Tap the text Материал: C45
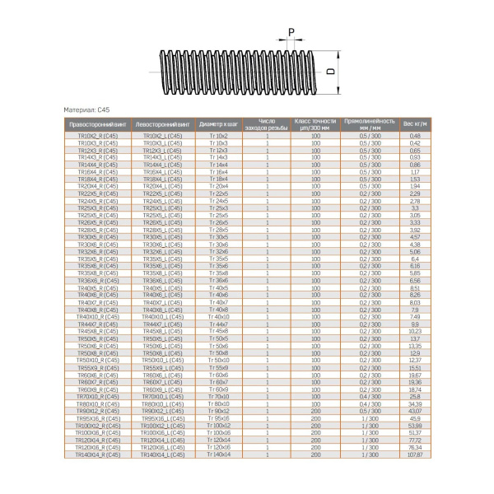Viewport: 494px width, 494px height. click(86, 109)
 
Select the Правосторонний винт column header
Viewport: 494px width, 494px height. click(97, 123)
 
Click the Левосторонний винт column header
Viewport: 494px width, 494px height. click(164, 123)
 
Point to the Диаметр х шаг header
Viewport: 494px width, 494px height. click(218, 123)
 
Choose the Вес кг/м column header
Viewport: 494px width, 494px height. click(415, 123)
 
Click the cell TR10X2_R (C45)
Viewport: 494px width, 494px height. click(97, 135)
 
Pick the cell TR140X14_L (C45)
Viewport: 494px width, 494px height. click(164, 454)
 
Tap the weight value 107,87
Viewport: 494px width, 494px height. click(415, 454)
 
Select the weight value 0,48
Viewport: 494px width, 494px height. click(415, 135)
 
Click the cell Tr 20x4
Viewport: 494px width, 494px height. click(218, 186)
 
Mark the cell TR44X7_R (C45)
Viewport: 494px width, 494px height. click(97, 324)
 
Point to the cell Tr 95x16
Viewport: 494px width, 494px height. click(218, 418)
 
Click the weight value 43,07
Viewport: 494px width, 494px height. click(415, 411)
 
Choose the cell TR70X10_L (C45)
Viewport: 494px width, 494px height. click(164, 396)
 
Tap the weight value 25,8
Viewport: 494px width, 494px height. click(415, 396)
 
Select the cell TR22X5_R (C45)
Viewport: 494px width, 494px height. click(97, 193)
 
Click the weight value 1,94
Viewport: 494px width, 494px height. click(415, 186)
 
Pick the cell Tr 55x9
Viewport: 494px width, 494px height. click(218, 367)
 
